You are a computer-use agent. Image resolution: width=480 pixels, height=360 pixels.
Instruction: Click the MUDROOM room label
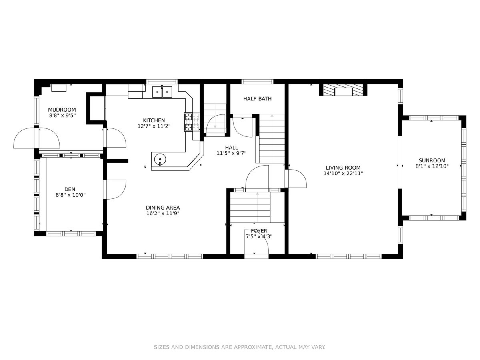coord(62,110)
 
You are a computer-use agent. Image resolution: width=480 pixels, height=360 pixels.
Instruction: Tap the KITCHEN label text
coord(154,120)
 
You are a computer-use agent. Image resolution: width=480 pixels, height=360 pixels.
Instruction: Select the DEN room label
coord(70,189)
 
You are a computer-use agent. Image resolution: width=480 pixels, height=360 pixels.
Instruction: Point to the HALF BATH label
coord(257,98)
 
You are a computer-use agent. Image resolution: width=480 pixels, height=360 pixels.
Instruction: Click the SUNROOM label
coord(432,160)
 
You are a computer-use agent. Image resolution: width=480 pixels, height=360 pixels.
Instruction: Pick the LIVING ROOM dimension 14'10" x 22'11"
coord(343,174)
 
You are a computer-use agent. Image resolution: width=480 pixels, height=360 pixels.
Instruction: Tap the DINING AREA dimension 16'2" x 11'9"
coord(163,213)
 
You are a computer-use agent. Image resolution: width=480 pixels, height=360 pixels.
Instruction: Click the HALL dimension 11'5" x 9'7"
coord(231,153)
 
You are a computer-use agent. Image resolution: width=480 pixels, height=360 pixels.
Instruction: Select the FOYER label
coord(259,231)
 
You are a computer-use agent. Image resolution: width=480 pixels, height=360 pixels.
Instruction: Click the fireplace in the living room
coord(343,90)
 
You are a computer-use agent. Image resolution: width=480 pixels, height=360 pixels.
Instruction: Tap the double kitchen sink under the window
coord(162,92)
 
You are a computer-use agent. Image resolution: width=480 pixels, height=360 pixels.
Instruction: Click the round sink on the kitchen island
coord(160,160)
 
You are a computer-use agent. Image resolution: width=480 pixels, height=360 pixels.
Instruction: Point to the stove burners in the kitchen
coord(188,122)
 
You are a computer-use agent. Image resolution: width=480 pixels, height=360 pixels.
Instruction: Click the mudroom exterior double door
coord(36,138)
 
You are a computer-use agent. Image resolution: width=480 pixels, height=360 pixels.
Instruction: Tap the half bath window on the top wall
coord(257,82)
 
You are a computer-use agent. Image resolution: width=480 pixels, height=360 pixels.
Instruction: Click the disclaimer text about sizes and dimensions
coord(240,347)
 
